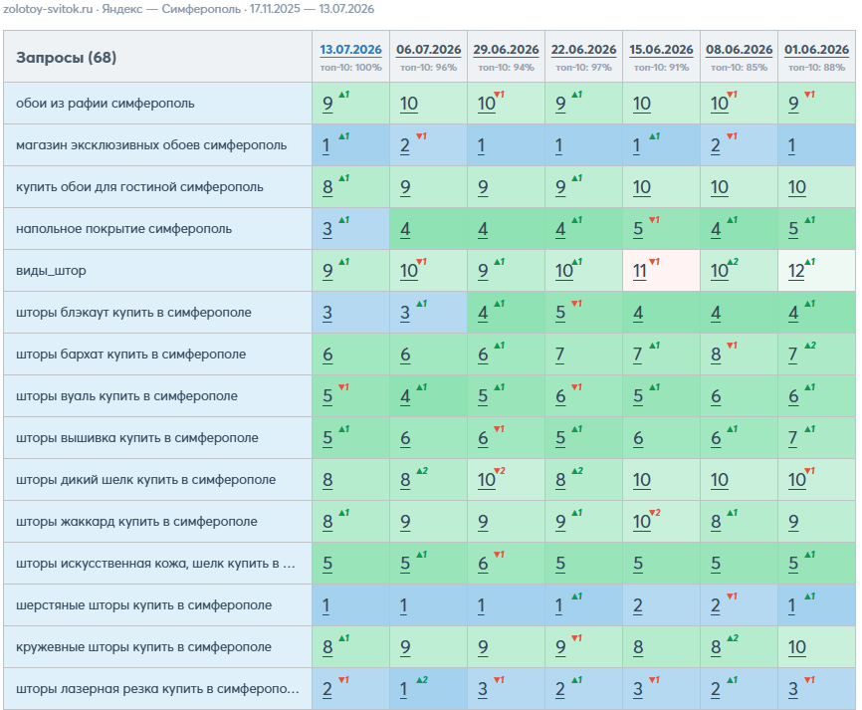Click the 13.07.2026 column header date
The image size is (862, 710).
point(350,50)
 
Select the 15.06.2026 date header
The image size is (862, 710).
point(661,50)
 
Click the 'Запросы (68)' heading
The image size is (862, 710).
point(66,57)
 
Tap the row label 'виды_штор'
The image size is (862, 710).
point(51,271)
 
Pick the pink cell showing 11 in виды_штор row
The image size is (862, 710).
point(661,271)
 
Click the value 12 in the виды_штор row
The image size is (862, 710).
point(796,271)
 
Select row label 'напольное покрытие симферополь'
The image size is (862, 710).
point(123,229)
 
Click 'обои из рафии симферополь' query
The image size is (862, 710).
point(105,104)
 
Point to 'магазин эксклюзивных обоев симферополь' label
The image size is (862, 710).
point(151,145)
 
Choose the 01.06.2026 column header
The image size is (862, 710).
point(817,50)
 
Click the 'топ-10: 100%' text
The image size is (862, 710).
point(350,68)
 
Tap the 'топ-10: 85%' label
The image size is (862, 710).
point(739,68)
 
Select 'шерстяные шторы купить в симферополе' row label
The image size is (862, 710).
point(143,605)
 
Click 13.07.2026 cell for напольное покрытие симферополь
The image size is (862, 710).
point(350,229)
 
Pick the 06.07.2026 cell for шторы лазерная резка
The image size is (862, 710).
point(428,688)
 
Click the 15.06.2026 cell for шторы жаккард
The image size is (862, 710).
point(661,522)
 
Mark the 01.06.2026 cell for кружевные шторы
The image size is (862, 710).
point(816,646)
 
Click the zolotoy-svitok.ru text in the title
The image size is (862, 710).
point(48,9)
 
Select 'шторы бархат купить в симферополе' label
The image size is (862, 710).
point(130,355)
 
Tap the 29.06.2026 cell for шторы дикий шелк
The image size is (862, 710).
point(506,480)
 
